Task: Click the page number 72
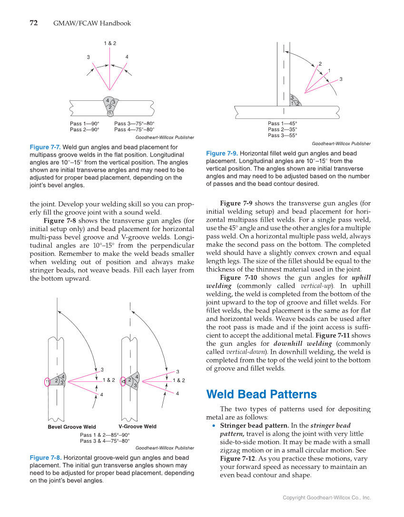click(x=34, y=23)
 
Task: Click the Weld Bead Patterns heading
click(x=261, y=394)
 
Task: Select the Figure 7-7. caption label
click(x=45, y=147)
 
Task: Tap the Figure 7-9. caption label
click(x=222, y=153)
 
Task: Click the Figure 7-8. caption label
click(x=45, y=458)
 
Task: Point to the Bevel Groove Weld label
click(x=72, y=427)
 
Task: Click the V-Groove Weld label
click(x=138, y=426)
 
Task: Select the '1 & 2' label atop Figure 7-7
click(x=110, y=43)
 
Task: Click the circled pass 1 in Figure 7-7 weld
click(x=110, y=113)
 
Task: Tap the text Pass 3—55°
click(x=282, y=135)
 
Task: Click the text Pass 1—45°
click(x=282, y=123)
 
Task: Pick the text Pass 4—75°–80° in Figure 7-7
click(x=134, y=129)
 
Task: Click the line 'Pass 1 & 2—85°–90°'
click(x=105, y=435)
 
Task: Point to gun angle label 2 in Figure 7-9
click(x=320, y=64)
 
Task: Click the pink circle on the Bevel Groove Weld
click(x=47, y=382)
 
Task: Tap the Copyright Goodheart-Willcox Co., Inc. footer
click(x=326, y=497)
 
